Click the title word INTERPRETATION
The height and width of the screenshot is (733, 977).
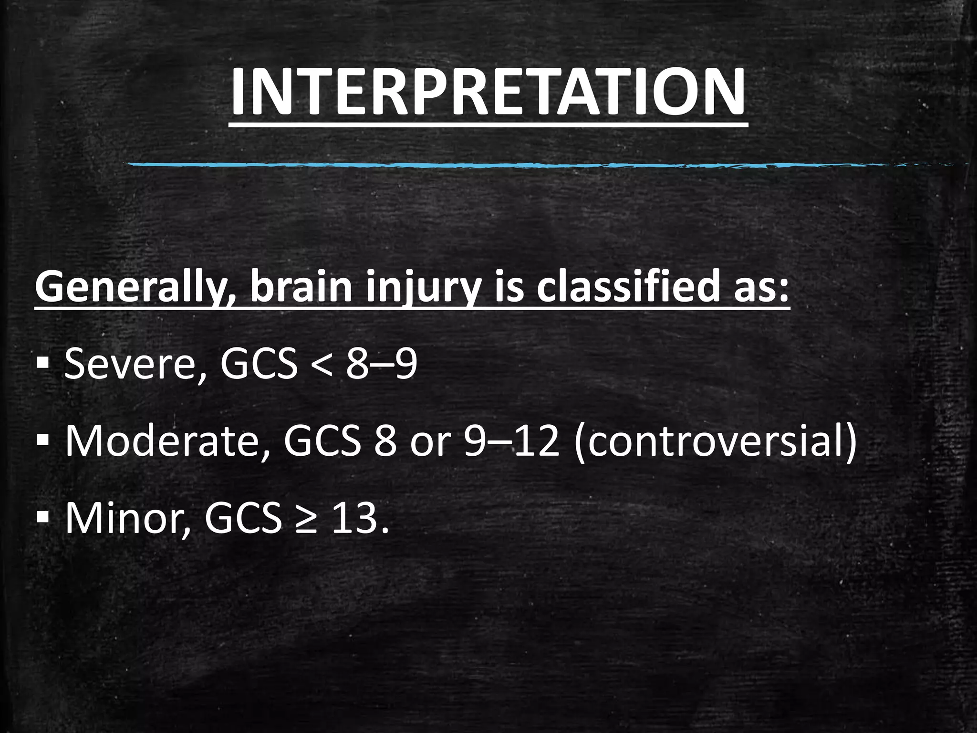point(488,92)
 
